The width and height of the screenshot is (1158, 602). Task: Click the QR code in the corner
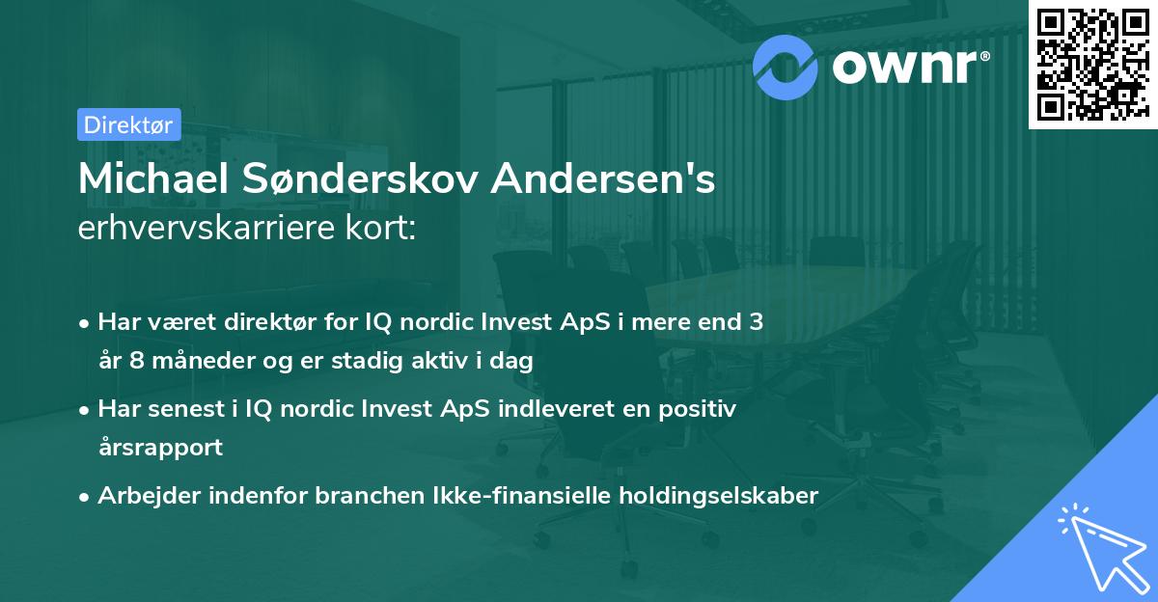[1093, 64]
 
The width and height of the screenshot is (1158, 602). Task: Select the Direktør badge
[128, 123]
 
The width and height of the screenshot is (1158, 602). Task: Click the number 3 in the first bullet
[756, 321]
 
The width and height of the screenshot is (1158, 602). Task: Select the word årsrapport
[160, 449]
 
